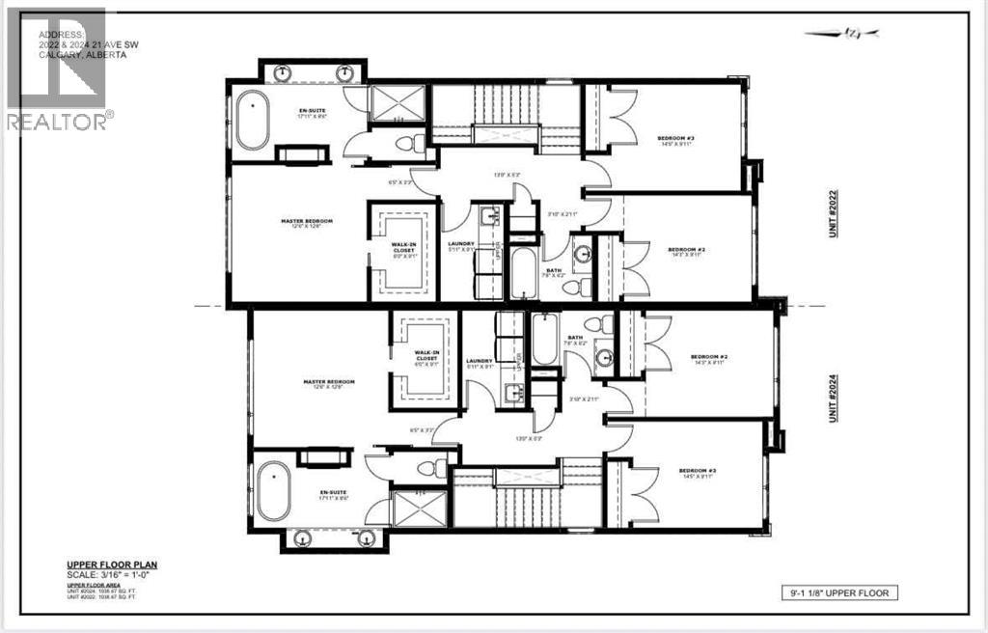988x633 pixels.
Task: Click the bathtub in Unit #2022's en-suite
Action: (x=253, y=121)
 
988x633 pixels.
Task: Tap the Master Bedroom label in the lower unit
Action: (x=329, y=382)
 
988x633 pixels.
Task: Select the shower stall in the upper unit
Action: (x=398, y=100)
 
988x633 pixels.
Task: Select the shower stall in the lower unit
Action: (x=419, y=510)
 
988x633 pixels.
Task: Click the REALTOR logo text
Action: (x=58, y=121)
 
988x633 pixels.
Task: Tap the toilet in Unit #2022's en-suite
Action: (x=412, y=143)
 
